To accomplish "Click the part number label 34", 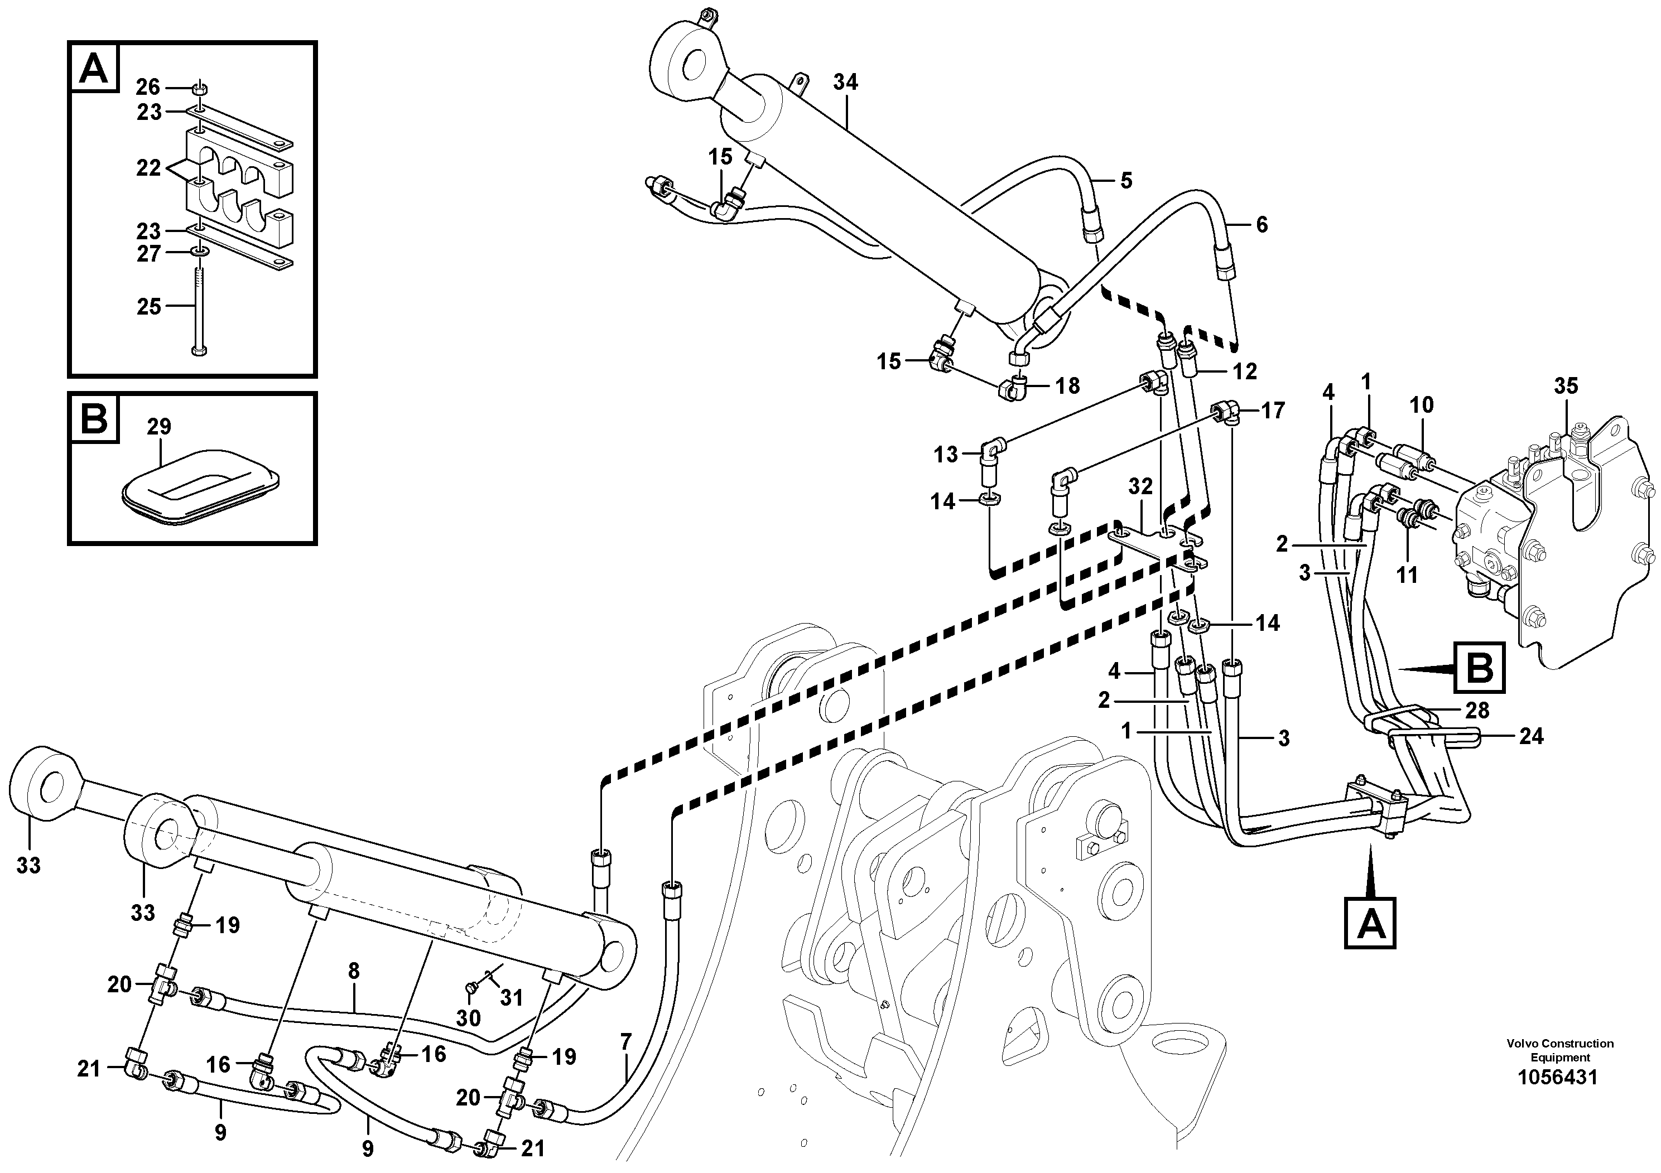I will (x=845, y=83).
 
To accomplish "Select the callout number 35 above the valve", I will (x=1566, y=385).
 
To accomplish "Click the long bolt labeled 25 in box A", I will (x=198, y=311).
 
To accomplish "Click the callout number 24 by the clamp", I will (x=1531, y=736).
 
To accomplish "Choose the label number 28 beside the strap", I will (x=1477, y=710).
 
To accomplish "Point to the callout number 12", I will (x=1245, y=371).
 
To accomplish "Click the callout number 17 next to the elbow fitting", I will (x=1273, y=411).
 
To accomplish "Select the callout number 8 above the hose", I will (x=353, y=971).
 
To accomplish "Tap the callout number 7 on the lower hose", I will (x=626, y=1042).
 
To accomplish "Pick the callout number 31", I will (x=512, y=998).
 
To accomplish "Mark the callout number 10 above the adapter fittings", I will (x=1422, y=404).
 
